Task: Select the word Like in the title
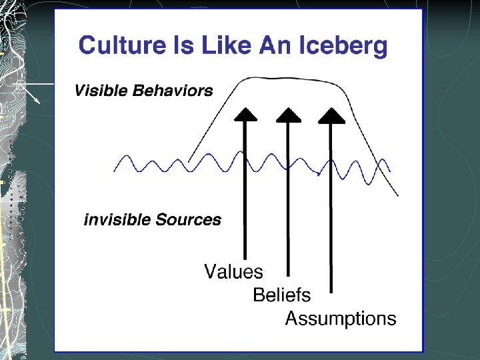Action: click(219, 46)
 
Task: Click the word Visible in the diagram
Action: click(99, 91)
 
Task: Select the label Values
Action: click(233, 272)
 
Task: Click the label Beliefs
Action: click(281, 295)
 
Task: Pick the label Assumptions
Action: click(340, 319)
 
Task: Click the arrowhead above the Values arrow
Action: click(246, 115)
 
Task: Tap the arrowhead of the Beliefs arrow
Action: click(289, 115)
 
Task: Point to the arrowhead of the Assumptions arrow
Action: click(331, 115)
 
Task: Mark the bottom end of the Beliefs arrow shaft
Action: click(289, 274)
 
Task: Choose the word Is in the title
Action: click(177, 46)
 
